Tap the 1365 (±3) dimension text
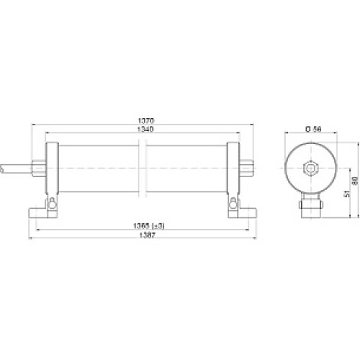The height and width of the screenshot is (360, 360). click(x=145, y=225)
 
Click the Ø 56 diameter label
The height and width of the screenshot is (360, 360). click(x=312, y=129)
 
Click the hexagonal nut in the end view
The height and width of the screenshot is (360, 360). click(x=311, y=168)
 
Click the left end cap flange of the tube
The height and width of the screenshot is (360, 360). click(x=52, y=168)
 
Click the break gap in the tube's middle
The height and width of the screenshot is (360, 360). click(x=144, y=168)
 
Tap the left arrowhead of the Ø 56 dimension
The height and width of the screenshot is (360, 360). click(x=287, y=135)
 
